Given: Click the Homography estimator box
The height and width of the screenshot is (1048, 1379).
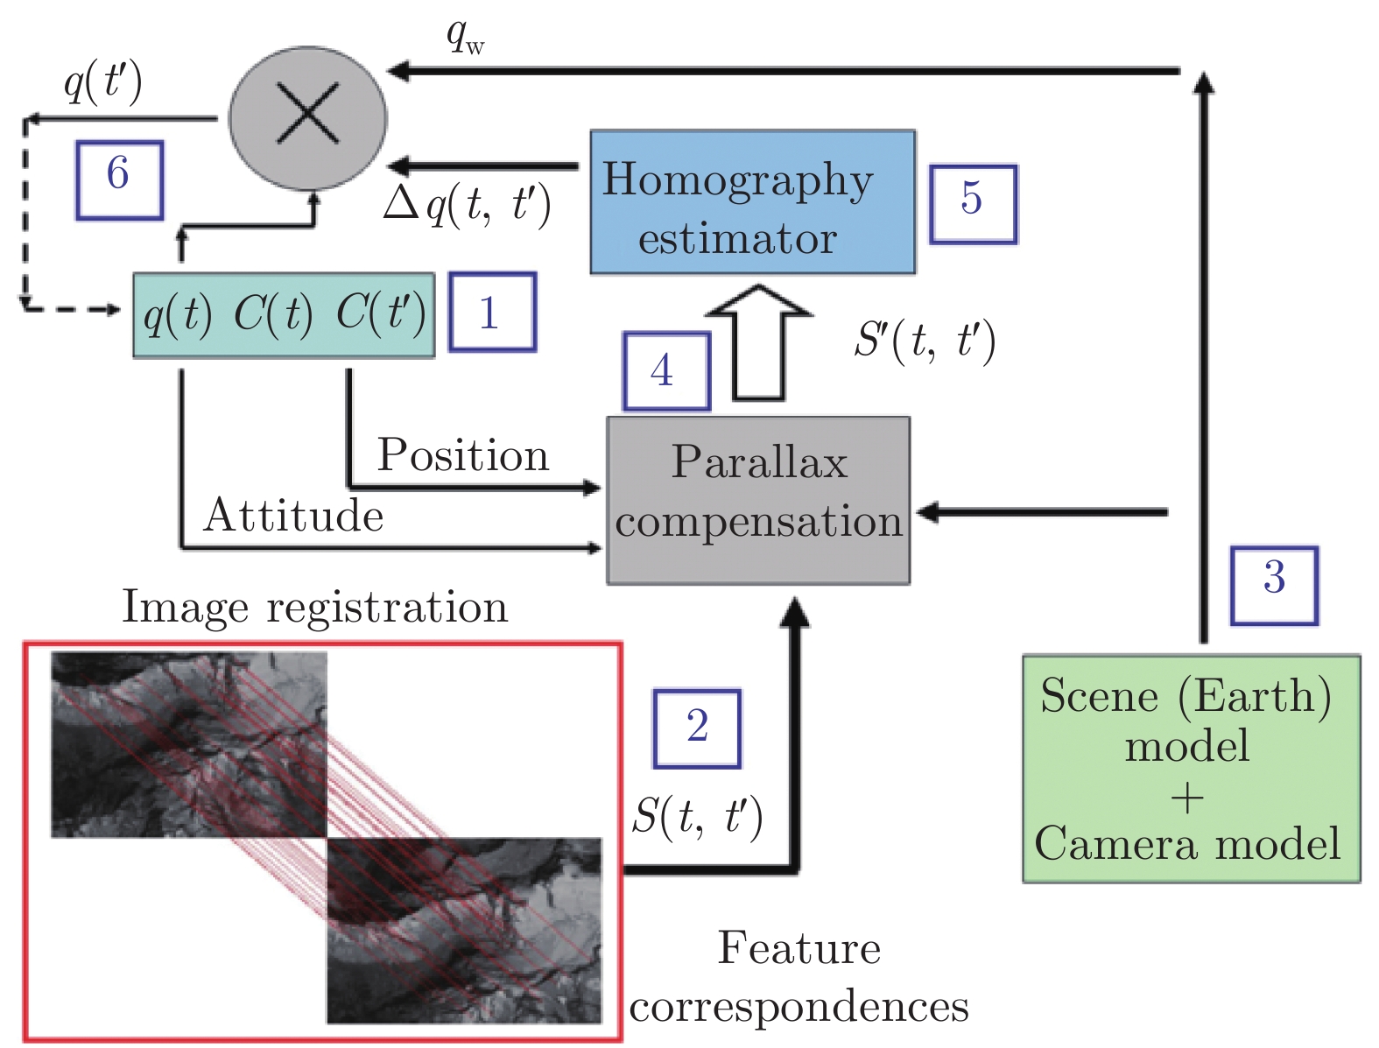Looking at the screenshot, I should [x=752, y=202].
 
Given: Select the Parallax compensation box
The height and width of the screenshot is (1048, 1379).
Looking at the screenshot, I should [x=758, y=500].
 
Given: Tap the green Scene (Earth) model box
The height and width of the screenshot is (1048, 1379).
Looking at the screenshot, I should [x=1191, y=768].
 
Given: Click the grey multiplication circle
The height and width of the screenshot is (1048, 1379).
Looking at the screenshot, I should [x=307, y=117].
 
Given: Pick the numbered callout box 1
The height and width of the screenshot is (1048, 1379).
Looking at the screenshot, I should [x=492, y=313].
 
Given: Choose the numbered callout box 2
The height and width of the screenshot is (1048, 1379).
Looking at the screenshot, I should [x=697, y=728].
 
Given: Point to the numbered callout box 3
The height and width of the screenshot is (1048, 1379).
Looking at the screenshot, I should [x=1274, y=585].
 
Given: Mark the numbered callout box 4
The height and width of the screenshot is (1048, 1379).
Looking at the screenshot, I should [x=665, y=370].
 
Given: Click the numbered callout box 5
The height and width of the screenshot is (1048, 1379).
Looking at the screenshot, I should [x=972, y=203].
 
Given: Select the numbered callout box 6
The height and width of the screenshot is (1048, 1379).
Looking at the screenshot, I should [x=119, y=179].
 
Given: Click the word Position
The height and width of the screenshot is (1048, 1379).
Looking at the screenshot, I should [x=462, y=455].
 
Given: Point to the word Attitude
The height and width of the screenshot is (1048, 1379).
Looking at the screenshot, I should [x=293, y=515].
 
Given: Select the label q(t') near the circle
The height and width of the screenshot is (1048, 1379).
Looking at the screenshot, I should [x=103, y=84].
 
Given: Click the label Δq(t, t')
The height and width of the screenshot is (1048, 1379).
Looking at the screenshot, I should [x=468, y=207].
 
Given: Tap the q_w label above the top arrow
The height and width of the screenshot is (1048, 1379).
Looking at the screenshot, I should [x=464, y=37].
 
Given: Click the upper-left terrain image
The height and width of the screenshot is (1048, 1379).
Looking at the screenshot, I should [x=188, y=744].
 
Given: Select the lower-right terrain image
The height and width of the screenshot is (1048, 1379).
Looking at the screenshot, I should [x=464, y=931].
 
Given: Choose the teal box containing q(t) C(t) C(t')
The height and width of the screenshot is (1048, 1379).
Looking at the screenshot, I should [x=284, y=314].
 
